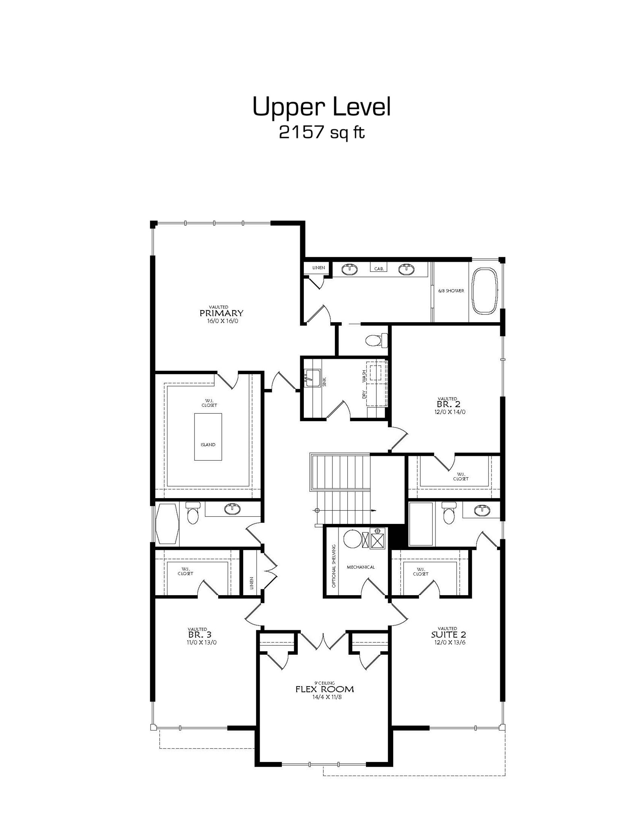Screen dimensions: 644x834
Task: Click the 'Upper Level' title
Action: [322, 107]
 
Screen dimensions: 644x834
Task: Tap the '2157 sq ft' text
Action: [322, 132]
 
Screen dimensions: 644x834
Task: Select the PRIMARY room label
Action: [221, 313]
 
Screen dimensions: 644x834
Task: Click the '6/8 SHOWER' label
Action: [451, 291]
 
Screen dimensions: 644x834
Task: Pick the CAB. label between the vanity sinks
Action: [379, 269]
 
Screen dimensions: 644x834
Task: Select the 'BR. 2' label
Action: [448, 404]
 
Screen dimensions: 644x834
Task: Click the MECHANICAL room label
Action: [361, 567]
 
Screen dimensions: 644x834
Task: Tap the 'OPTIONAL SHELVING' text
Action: [334, 566]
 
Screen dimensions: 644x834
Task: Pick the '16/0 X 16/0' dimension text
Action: [221, 321]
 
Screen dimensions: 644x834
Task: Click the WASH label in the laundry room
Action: [364, 376]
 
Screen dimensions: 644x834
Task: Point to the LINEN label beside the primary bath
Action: [318, 268]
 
